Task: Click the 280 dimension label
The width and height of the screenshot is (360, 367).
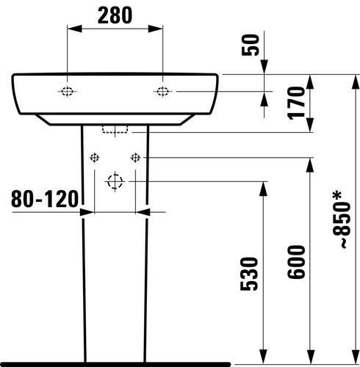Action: [x=115, y=15]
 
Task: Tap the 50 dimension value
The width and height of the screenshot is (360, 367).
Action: [x=250, y=45]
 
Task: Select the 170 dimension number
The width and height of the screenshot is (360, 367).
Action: [x=297, y=103]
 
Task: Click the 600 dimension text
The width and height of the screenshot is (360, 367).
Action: [x=296, y=262]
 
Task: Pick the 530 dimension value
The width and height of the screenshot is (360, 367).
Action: [x=249, y=274]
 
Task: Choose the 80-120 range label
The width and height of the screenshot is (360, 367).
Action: [x=45, y=199]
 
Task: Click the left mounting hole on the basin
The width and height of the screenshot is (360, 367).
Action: [x=67, y=91]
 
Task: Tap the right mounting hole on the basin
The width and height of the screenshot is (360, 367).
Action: [x=162, y=91]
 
